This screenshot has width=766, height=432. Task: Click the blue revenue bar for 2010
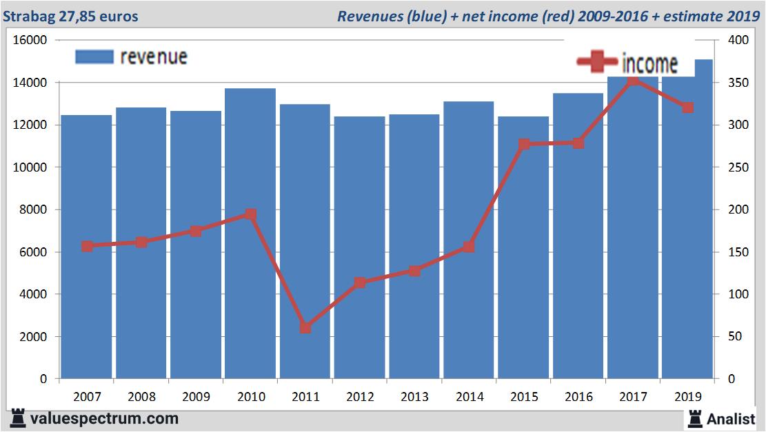(250, 234)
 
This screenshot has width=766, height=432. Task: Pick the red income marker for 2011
(305, 327)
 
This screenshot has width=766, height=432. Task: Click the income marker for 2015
(524, 144)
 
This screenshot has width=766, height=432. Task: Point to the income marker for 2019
(687, 107)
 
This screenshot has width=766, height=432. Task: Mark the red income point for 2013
(414, 271)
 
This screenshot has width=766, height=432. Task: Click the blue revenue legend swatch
(94, 56)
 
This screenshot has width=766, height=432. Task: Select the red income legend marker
(597, 62)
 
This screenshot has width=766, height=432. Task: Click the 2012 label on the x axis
(360, 397)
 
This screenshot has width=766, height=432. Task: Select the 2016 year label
(578, 397)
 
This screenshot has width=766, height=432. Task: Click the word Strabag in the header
(26, 16)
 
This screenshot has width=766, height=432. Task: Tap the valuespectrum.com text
(105, 418)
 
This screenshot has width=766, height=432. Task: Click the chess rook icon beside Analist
(695, 418)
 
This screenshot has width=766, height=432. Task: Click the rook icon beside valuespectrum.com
(18, 418)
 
